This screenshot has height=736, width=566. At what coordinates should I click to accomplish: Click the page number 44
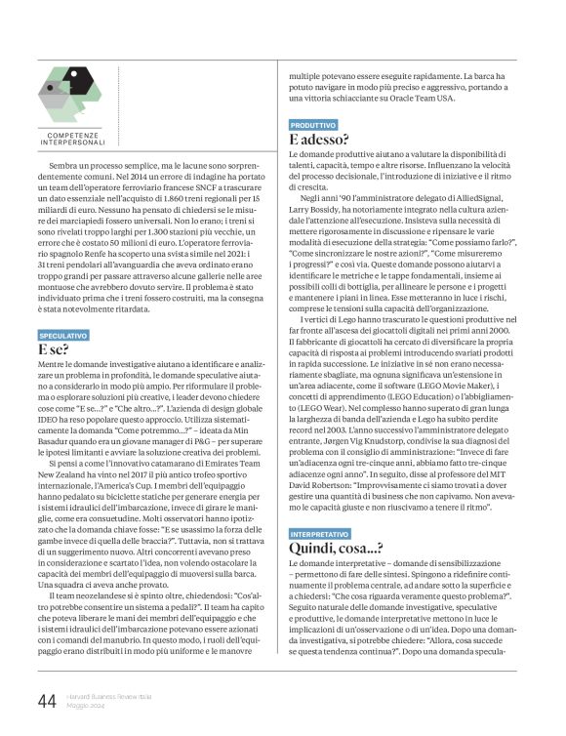(x=46, y=701)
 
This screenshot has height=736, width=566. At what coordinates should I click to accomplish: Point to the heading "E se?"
(x=53, y=348)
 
